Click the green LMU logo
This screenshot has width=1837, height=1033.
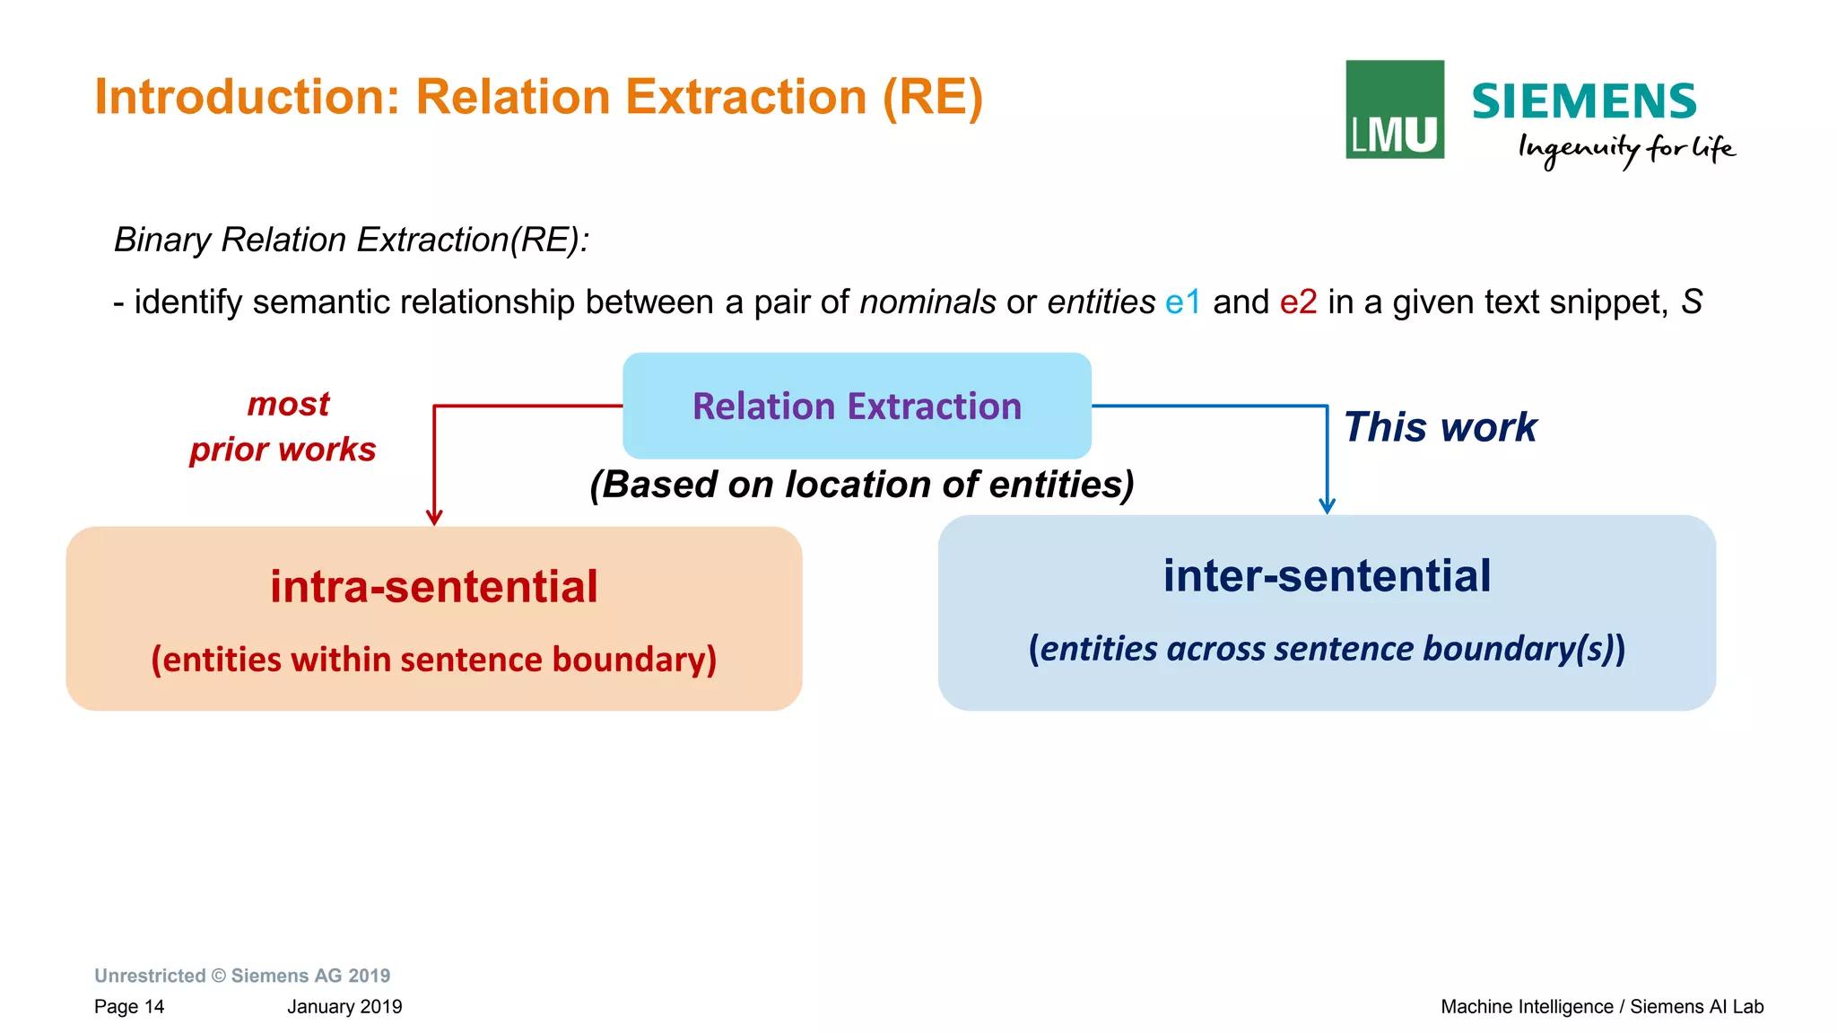tap(1394, 109)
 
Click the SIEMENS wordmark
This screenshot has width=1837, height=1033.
tap(1583, 101)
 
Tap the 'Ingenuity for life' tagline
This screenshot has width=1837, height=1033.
tap(1625, 149)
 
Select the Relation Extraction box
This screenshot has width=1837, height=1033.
tap(857, 406)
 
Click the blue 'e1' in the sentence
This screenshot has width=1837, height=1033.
tap(1182, 302)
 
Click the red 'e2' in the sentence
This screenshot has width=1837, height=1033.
tap(1298, 302)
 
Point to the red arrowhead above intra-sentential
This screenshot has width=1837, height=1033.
tap(434, 518)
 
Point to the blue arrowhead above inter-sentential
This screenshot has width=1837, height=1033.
tap(1327, 506)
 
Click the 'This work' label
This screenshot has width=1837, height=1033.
tap(1440, 427)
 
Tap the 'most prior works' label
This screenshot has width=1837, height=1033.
tap(283, 426)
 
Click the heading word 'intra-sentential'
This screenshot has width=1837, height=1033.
tap(434, 587)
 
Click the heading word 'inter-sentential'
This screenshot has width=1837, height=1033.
tap(1327, 575)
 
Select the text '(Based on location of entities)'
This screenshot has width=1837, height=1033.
tap(861, 485)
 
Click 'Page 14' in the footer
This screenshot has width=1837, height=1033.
tap(129, 1007)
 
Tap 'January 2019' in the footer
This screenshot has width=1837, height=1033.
tap(344, 1007)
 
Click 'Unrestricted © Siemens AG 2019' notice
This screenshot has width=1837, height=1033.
tap(242, 976)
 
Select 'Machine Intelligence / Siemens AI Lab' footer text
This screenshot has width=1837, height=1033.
tap(1602, 1007)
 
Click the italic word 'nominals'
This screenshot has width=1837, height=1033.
tap(927, 302)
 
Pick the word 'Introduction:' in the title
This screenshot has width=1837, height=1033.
tap(247, 97)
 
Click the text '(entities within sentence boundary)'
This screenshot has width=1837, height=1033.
tap(434, 660)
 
